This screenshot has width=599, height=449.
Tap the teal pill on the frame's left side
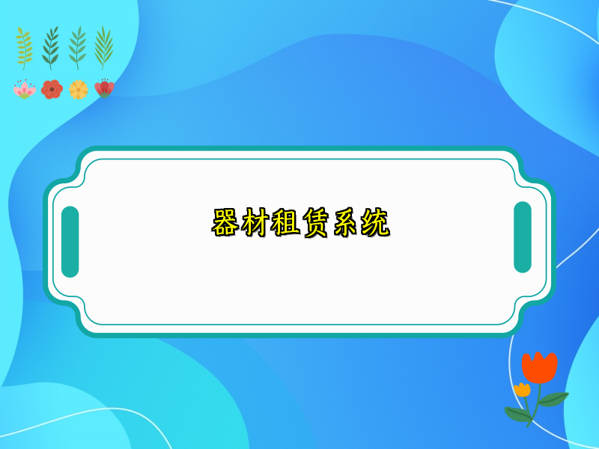coord(70,242)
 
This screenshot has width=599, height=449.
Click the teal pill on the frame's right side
coord(523,237)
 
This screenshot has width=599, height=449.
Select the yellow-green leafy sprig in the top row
coord(25,47)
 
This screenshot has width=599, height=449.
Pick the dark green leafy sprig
coord(51,47)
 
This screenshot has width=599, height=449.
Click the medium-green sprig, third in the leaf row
coord(77,47)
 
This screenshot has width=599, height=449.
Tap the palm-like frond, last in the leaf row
coord(103,47)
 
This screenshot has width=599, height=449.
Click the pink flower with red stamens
coord(24,90)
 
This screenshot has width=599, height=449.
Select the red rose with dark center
coord(52,90)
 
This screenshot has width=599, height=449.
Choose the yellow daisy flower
coord(78,90)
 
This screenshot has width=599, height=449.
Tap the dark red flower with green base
coord(104,88)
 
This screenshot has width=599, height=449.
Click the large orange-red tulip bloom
coord(539,366)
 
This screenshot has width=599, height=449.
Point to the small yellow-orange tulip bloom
coord(522,389)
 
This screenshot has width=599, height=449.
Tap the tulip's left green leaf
coord(517,412)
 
